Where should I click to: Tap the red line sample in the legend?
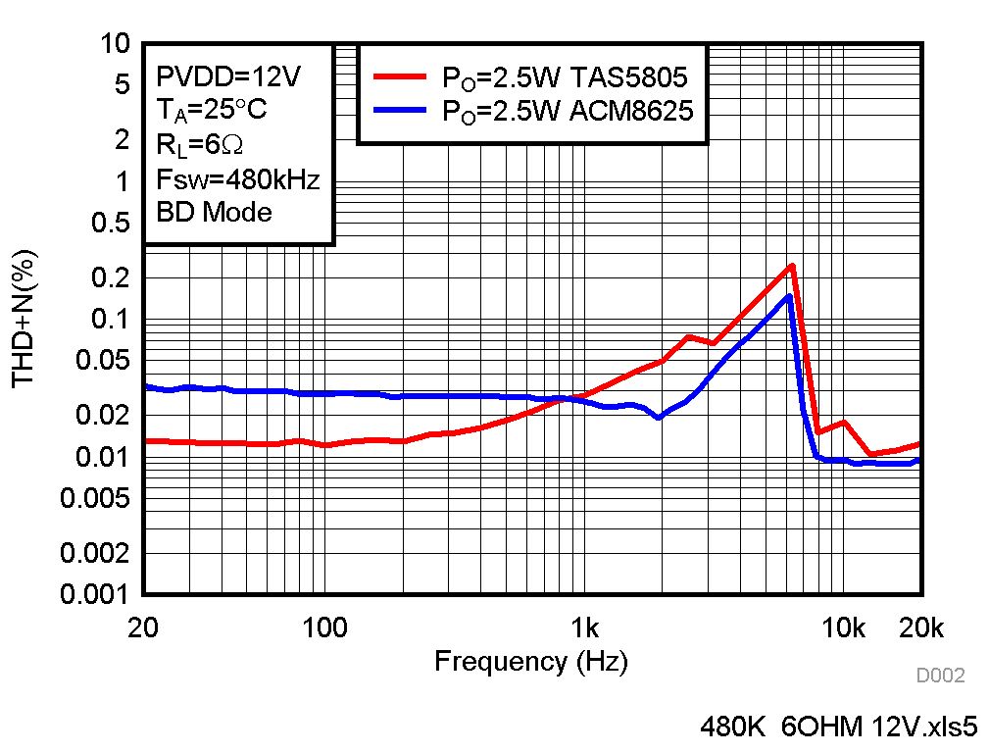tap(400, 76)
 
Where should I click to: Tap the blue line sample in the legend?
tap(400, 110)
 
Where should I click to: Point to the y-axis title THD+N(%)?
tap(25, 318)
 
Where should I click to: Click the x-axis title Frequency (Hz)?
tap(531, 661)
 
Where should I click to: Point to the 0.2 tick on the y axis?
tap(112, 278)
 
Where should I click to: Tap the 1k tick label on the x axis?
tap(584, 627)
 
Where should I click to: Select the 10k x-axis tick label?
tap(843, 627)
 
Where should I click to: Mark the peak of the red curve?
tap(791, 265)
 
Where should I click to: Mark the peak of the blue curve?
tap(789, 295)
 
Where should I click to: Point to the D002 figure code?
tap(940, 676)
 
